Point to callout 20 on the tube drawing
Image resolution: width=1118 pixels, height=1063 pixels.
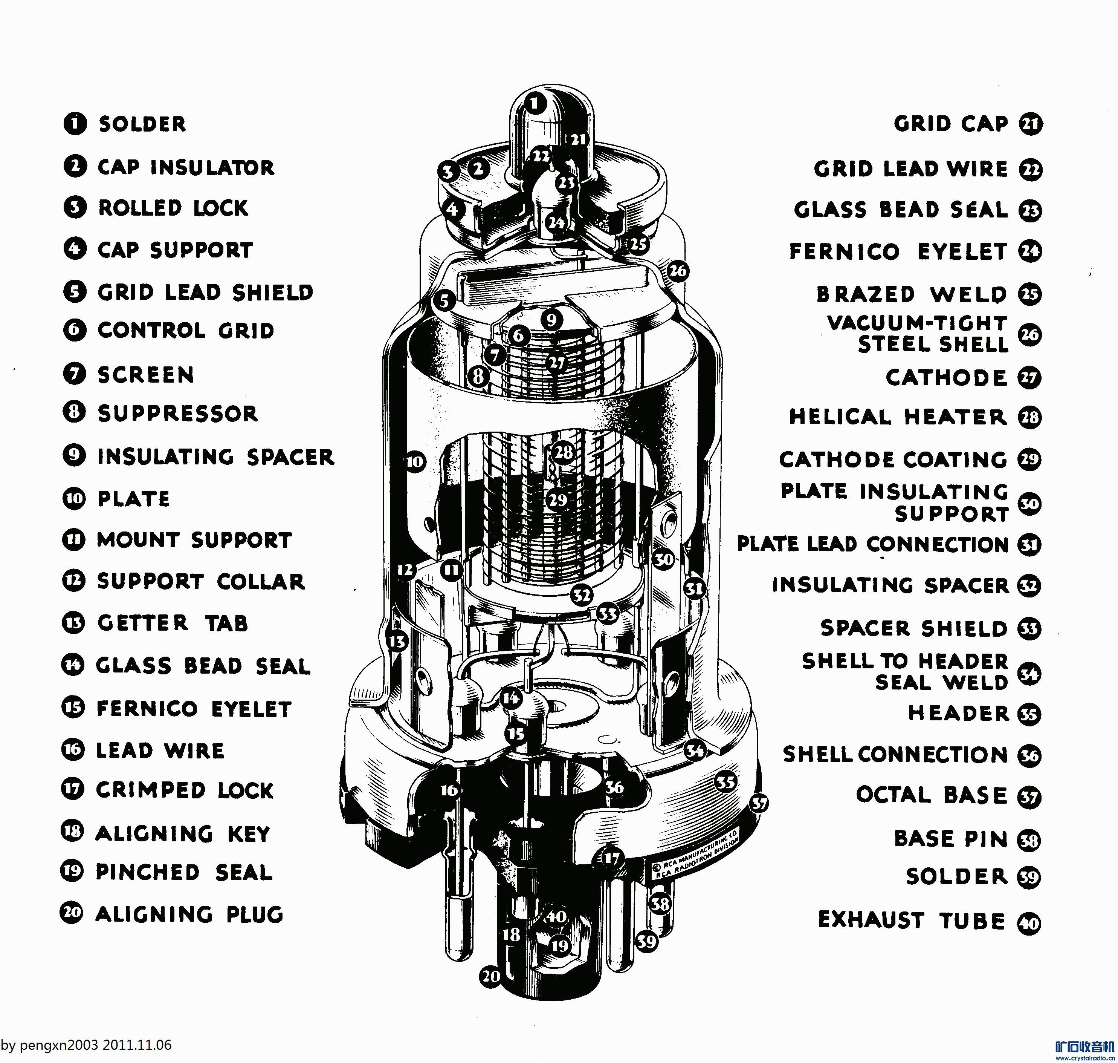pos(490,976)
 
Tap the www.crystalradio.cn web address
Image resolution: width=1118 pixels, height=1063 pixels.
pos(1084,1058)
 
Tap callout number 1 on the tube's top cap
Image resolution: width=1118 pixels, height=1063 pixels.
pos(535,104)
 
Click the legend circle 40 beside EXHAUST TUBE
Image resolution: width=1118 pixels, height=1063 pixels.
pos(1029,924)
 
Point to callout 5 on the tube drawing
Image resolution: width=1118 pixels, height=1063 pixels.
pos(444,300)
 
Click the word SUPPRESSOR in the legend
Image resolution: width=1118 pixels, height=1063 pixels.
pos(177,413)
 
